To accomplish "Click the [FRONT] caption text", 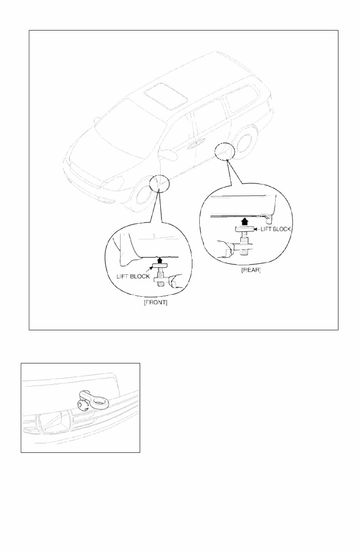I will coord(156,303).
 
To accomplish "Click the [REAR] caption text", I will coord(251,270).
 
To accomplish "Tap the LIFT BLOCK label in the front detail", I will coord(133,276).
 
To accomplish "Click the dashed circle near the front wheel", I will coord(159,183).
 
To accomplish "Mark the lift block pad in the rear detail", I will coord(244,229).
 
